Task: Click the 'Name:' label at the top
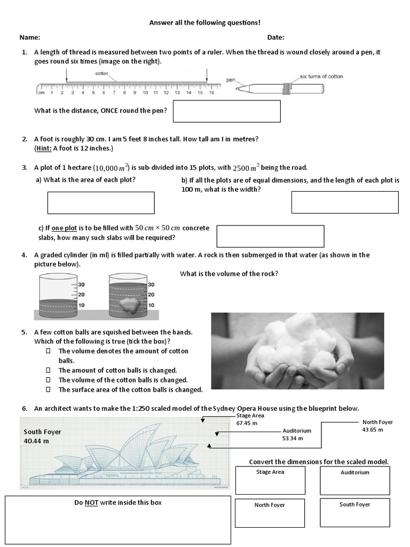click(x=30, y=37)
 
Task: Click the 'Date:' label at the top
click(x=275, y=37)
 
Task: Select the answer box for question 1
click(x=226, y=111)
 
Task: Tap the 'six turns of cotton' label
click(x=321, y=76)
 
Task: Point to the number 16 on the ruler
click(x=211, y=93)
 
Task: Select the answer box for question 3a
click(x=101, y=203)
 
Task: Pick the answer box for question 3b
click(x=345, y=202)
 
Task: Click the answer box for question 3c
click(x=270, y=236)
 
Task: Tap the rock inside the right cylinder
click(x=129, y=305)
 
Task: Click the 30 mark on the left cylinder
click(x=82, y=285)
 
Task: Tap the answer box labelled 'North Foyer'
click(x=270, y=513)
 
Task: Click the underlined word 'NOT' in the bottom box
click(x=90, y=502)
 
